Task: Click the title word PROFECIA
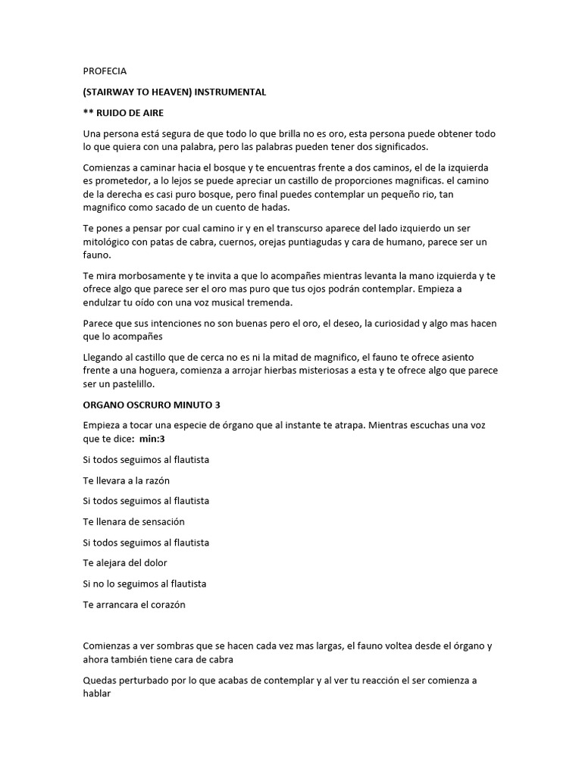coord(105,71)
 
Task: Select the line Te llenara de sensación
coord(133,522)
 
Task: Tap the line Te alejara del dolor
coord(125,563)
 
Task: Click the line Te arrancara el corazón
coord(134,605)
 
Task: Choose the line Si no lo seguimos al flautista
coord(145,584)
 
